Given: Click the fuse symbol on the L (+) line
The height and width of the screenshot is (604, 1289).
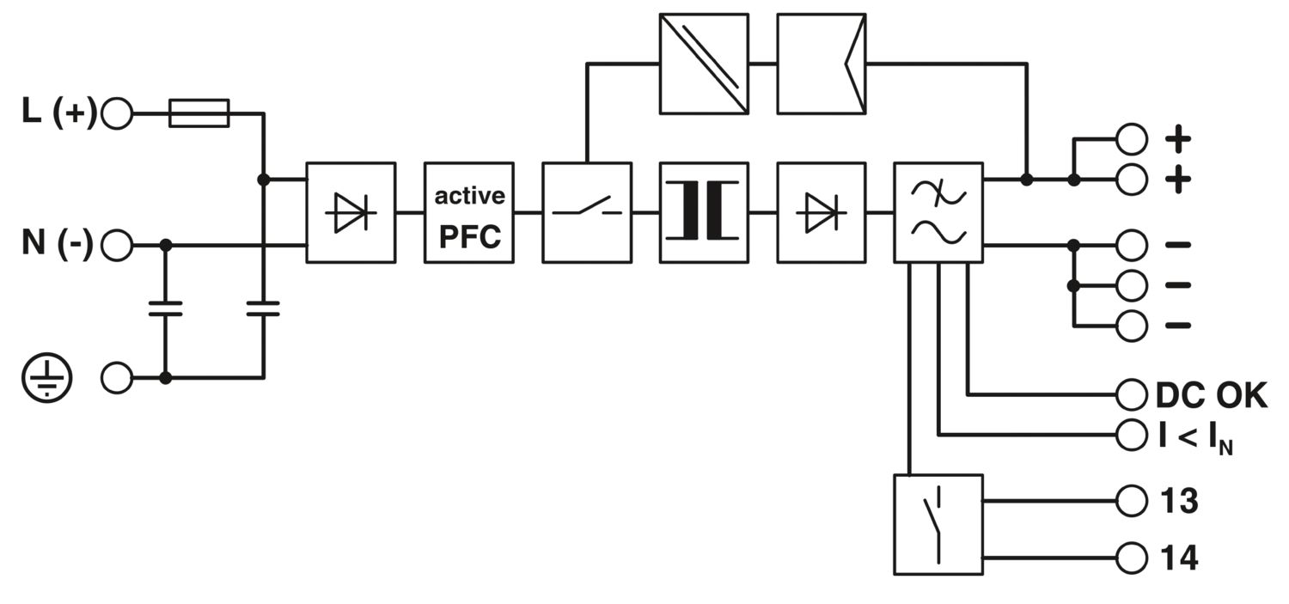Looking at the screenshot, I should (199, 113).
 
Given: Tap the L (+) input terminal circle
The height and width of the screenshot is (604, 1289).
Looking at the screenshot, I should (117, 113).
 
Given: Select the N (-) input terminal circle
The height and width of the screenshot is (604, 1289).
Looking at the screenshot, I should (117, 246).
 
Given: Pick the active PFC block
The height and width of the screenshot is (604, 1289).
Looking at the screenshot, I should (469, 212).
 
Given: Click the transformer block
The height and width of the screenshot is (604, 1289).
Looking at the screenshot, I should (704, 212).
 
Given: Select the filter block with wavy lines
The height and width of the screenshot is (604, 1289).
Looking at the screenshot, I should (938, 212).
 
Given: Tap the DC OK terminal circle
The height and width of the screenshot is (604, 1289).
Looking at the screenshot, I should (1132, 395).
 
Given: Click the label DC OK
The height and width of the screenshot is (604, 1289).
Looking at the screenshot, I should (1211, 395).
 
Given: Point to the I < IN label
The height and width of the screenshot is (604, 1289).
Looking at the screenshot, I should (1195, 436).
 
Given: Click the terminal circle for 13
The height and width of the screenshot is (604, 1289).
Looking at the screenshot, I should (1132, 500).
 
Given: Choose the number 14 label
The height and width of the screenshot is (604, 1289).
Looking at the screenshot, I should (1179, 558).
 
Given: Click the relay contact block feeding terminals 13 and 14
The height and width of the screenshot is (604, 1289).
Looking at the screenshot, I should (938, 524).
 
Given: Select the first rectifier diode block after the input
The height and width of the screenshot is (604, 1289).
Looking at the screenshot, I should (351, 212).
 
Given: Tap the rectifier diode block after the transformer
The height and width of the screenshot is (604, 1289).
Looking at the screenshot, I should (821, 212).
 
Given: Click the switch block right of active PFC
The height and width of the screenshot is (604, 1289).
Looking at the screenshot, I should (587, 212).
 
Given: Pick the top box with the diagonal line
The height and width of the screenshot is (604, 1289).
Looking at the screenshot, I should (704, 63).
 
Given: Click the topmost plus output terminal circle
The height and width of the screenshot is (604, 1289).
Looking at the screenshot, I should (1132, 137).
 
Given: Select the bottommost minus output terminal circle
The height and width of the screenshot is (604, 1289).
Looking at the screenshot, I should (1132, 326).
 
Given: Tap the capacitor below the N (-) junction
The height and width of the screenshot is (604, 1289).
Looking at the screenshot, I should (166, 309).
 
